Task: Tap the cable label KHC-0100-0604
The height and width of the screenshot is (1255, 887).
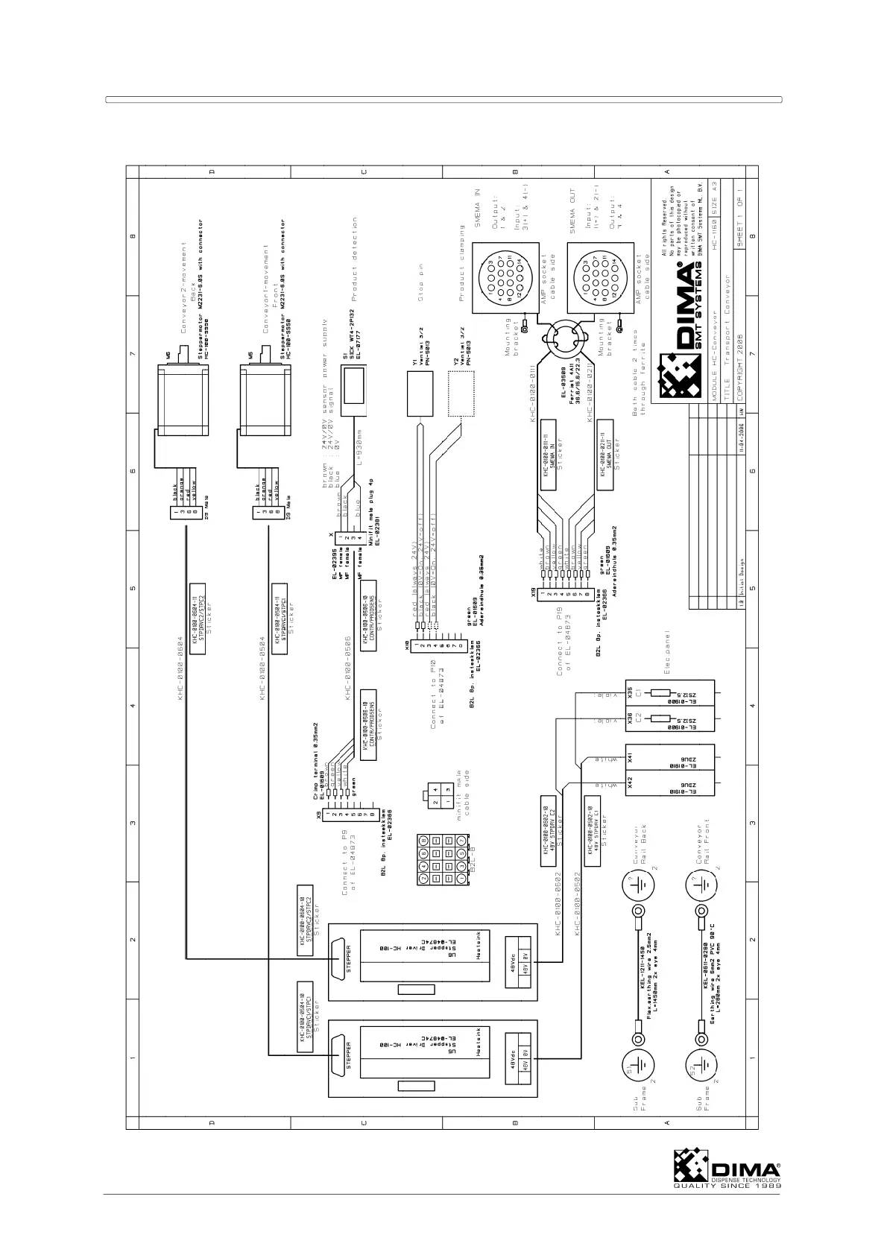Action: click(x=180, y=668)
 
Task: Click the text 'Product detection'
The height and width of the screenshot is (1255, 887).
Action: click(x=356, y=254)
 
